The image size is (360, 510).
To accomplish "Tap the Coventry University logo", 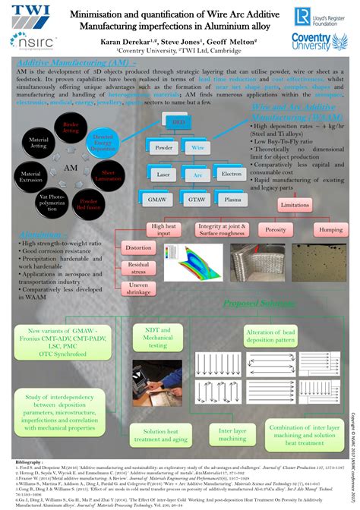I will pyautogui.click(x=320, y=42).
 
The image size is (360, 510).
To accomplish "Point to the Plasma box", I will pyautogui.click(x=232, y=199).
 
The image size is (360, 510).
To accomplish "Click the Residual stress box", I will pyautogui.click(x=138, y=267).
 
